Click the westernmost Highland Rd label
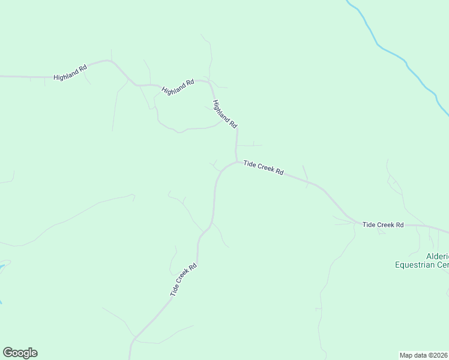tap(70, 73)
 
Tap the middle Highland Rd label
tap(178, 86)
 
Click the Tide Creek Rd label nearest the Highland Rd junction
tap(263, 167)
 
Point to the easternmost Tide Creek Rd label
tap(383, 224)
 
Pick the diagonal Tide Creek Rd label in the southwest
tap(184, 280)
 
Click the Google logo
tap(20, 353)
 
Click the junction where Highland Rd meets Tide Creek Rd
tap(237, 160)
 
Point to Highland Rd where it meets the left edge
tap(2, 77)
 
